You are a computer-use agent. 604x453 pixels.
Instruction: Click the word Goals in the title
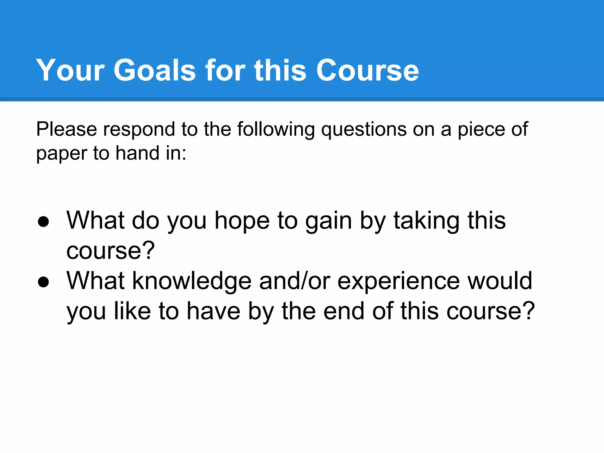point(155,70)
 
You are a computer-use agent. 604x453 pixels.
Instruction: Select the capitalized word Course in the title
point(367,70)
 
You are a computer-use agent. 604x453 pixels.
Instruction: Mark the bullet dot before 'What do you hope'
point(43,222)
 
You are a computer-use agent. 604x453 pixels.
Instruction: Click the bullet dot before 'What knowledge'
point(43,282)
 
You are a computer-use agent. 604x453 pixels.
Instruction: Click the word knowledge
point(192,281)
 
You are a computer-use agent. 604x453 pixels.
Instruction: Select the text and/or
point(295,281)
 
